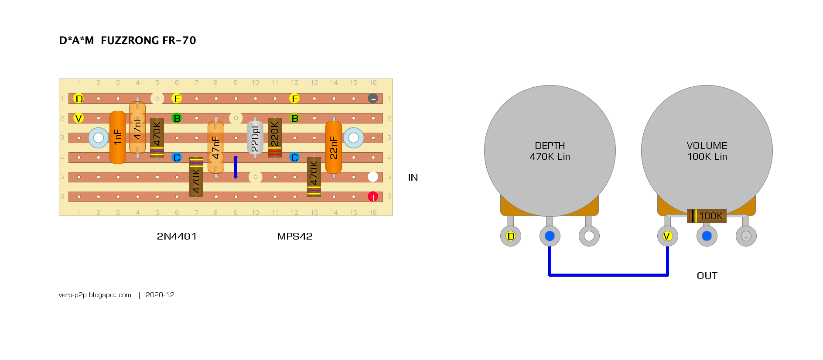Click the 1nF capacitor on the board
(118, 137)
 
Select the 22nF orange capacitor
(334, 147)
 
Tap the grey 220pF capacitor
(255, 137)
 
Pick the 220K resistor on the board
(275, 137)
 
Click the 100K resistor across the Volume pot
(707, 216)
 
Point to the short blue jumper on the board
(236, 167)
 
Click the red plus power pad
(373, 197)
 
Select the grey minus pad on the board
(373, 99)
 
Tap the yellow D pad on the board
(79, 99)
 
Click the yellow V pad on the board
(79, 118)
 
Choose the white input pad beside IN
(373, 177)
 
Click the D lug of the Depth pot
(511, 236)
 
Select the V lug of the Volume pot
(667, 236)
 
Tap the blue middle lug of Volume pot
(707, 236)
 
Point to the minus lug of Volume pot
(746, 236)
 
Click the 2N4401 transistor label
(177, 237)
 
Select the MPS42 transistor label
(295, 237)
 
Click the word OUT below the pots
(707, 276)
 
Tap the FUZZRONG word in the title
(130, 41)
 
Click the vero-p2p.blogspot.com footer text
(95, 295)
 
